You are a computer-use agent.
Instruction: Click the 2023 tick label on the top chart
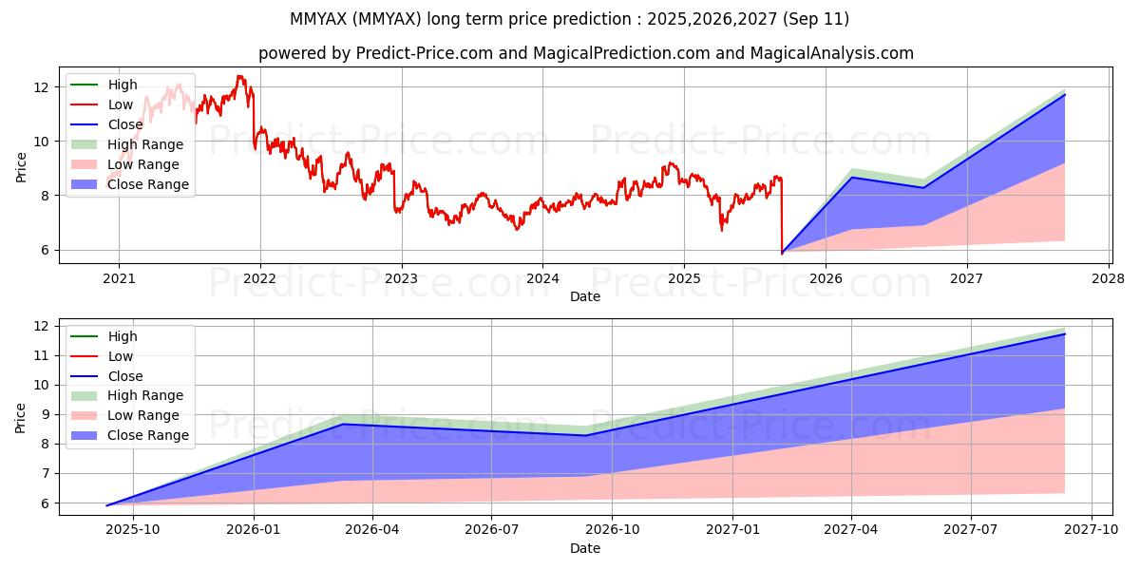pos(402,279)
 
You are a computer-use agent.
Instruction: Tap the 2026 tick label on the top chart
pos(826,279)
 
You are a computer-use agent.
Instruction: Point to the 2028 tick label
pos(1109,279)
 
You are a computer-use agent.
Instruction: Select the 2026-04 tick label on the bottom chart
pos(372,530)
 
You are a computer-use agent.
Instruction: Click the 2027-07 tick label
pos(971,530)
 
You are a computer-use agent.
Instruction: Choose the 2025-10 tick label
pos(133,530)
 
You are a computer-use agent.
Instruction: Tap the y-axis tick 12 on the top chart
pos(41,87)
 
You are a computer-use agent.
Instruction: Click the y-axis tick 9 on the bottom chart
pos(45,415)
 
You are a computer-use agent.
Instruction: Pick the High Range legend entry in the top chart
pos(126,144)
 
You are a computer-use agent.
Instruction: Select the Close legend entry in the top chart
pos(106,124)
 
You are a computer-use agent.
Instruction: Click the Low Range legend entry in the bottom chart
pos(124,415)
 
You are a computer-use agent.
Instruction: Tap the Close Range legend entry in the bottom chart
pos(130,435)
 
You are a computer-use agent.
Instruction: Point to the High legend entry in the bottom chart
pos(104,336)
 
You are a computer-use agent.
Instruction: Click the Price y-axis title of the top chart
pos(21,167)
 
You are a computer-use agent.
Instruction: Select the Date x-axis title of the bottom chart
pos(585,549)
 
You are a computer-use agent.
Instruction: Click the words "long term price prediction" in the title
pos(529,19)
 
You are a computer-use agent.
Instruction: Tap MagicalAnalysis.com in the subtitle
pos(832,53)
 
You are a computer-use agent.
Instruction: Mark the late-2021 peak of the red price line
pos(239,76)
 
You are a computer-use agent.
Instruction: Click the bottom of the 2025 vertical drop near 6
pos(782,253)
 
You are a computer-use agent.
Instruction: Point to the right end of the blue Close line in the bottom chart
pos(1065,333)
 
